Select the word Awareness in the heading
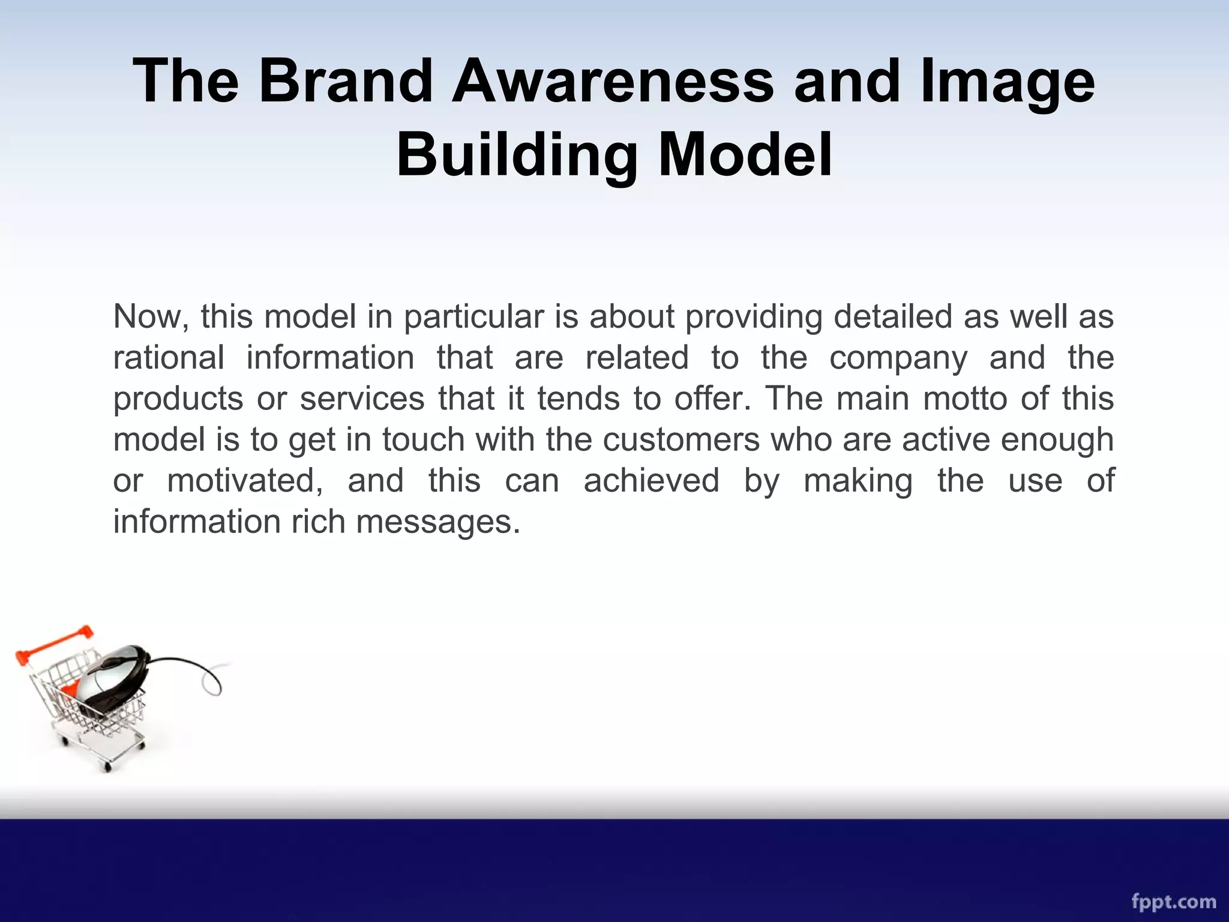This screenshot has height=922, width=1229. point(613,81)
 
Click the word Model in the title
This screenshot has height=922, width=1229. point(745,154)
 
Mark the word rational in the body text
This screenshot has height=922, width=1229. point(169,358)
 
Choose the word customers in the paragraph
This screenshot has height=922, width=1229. point(681,440)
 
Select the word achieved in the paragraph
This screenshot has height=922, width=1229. point(651,481)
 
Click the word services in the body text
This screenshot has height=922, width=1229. point(362,399)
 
